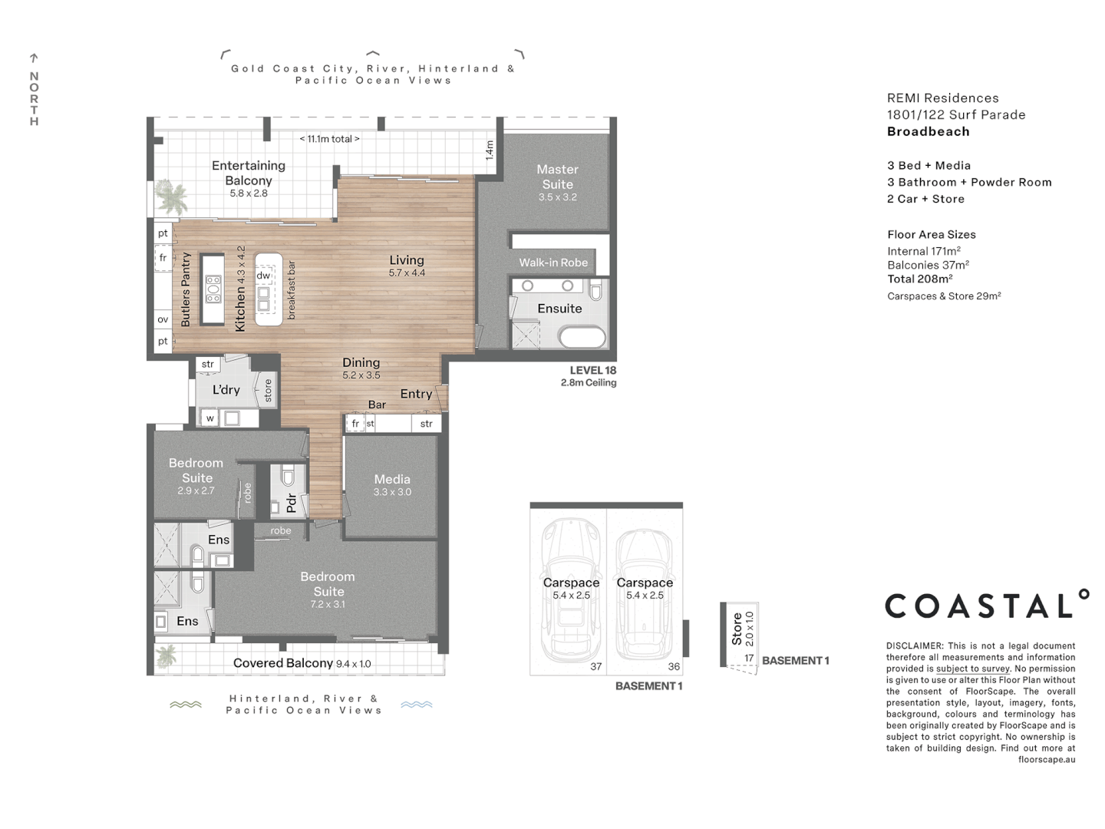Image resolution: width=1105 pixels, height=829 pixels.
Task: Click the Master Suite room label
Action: coord(557,177)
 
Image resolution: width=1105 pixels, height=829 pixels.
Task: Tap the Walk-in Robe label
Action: coord(553,263)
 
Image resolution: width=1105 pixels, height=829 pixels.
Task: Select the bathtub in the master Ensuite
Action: coord(582,336)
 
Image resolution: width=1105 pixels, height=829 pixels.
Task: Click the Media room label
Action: coord(392,479)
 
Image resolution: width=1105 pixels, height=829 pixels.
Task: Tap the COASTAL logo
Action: coord(987,605)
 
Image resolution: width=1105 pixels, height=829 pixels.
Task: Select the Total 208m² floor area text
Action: coord(920,279)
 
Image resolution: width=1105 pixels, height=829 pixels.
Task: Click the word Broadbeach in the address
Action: coord(928,131)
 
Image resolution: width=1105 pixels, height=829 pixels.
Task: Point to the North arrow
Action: coord(34,58)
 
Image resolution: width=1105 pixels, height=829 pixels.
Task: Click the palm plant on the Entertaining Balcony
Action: coord(170,198)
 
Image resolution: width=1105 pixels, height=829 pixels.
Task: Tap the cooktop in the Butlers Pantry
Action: coord(213,289)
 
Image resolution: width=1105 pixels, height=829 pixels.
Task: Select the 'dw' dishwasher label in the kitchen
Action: coord(263,276)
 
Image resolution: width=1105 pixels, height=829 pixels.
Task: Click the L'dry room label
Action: coord(226,390)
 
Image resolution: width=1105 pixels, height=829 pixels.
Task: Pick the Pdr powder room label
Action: coord(291,503)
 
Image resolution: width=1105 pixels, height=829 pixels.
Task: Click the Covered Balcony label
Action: coord(282,663)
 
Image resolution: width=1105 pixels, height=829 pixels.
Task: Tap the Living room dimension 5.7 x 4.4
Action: coord(407,273)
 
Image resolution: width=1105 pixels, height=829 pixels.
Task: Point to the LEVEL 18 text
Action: coord(592,370)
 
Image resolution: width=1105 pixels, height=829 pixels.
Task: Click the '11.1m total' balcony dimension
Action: coord(329,139)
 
